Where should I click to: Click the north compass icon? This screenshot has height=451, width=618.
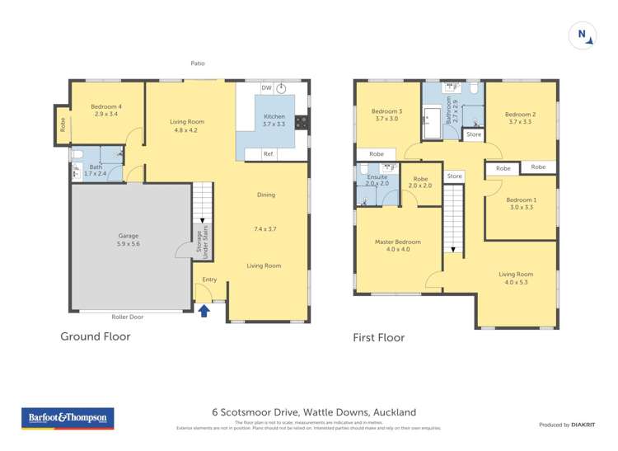coord(582,35)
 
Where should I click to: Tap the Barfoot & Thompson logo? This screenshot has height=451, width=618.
coord(68,418)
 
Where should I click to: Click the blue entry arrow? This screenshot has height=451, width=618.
coord(204,310)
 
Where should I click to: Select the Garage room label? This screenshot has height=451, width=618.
coord(128,240)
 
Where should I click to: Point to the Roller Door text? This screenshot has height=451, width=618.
coord(128,317)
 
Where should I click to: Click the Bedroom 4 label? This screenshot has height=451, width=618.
coord(107,109)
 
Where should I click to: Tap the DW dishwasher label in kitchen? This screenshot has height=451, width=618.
coord(266,87)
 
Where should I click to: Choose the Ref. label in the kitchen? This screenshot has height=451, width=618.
coord(269,154)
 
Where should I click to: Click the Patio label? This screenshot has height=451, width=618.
coord(197,63)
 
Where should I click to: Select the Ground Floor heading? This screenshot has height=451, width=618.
coord(96,336)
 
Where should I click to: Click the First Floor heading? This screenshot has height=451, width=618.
coord(378,337)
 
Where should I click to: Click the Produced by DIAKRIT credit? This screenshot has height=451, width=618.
coord(567,425)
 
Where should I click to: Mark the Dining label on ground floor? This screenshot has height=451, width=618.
coord(266,195)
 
